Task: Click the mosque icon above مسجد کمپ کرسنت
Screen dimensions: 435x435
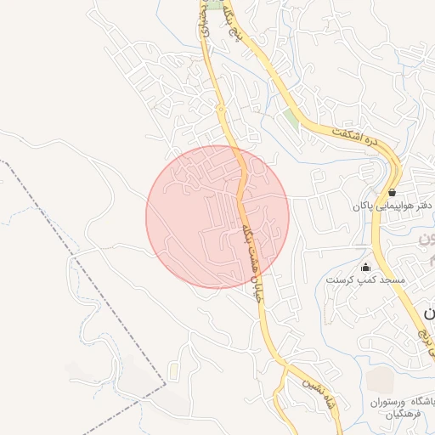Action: (366, 267)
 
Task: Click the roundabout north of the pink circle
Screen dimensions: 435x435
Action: (220, 109)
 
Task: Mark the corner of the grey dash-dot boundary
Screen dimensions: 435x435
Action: (165, 384)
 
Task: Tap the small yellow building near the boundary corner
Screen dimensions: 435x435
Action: (173, 371)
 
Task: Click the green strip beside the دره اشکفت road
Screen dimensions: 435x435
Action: (291, 120)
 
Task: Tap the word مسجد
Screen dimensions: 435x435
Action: (393, 280)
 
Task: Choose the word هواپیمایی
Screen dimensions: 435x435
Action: (399, 206)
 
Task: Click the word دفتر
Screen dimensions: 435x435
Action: (426, 206)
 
